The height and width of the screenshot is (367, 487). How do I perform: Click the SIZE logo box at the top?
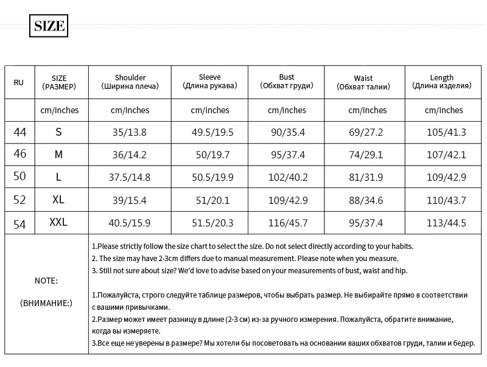49,26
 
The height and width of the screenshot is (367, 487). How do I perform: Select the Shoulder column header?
130,82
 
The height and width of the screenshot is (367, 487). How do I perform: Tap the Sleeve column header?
209,82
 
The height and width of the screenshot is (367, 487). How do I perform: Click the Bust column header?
286,82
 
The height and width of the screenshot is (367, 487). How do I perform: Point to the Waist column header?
363,82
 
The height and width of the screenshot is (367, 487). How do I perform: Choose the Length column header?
441,82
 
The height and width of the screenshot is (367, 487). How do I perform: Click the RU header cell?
19,82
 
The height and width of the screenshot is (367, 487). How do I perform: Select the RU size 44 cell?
19,132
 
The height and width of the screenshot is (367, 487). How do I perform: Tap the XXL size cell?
58,223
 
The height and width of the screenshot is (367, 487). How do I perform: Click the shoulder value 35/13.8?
130,132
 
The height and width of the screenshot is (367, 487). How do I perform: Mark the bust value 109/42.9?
287,200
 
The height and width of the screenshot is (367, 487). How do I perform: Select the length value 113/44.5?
446,223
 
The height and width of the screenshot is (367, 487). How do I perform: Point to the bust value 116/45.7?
287,223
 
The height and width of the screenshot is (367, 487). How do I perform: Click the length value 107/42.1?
446,155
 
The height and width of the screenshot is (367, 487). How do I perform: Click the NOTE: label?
46,281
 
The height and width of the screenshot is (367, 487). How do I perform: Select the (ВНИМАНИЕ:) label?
46,302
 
